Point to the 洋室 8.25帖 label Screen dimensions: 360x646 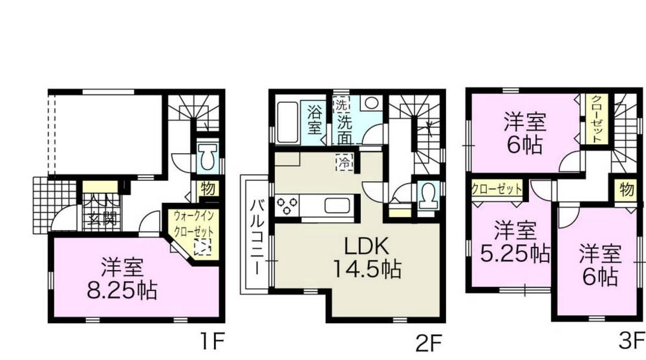click(122, 279)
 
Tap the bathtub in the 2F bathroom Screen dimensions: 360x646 click(286, 122)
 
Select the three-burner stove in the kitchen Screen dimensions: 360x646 click(287, 206)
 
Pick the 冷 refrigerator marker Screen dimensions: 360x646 click(344, 162)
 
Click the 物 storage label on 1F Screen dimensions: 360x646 click(208, 189)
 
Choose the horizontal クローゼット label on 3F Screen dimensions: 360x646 click(497, 189)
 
